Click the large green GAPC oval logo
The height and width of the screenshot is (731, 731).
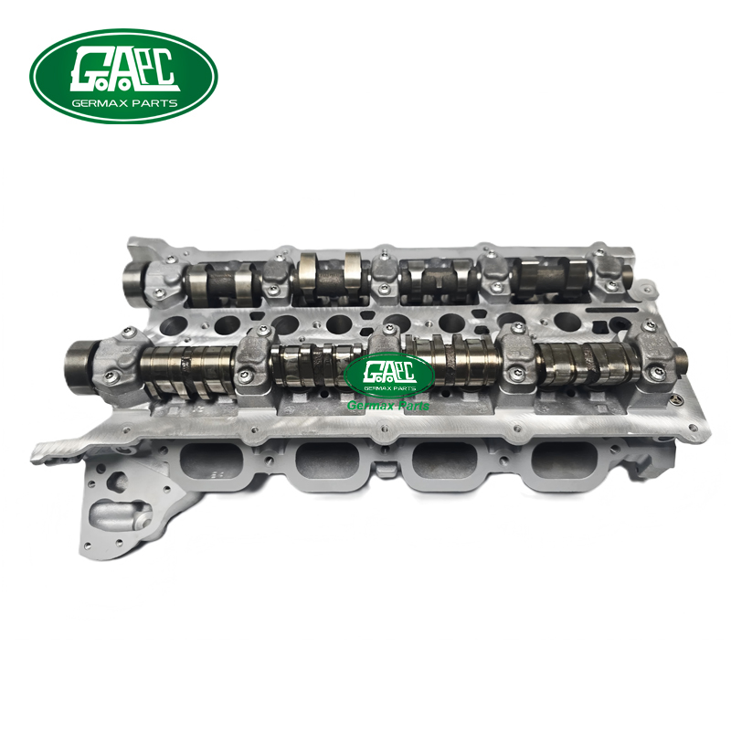[x=123, y=76]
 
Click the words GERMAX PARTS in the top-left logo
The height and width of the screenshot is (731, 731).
[x=124, y=103]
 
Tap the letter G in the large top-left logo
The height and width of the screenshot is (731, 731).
[x=90, y=70]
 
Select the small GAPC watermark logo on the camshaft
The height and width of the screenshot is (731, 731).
[x=389, y=375]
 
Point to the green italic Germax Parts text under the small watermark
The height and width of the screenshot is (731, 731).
[x=388, y=406]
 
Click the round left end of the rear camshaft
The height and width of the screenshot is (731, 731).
[x=134, y=278]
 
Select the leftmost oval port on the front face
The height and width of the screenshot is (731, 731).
[x=212, y=461]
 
